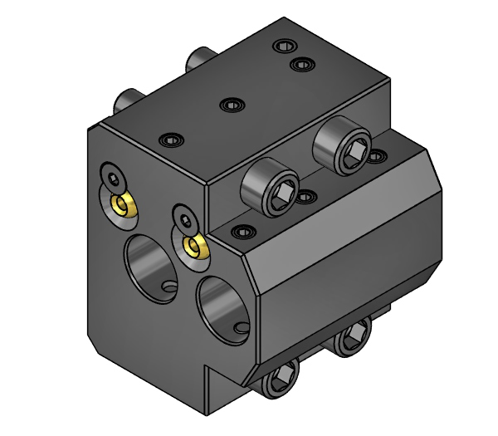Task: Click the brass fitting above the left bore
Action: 124,203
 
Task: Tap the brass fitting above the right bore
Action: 196,246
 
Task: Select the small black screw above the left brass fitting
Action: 113,176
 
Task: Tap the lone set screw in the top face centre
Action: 231,105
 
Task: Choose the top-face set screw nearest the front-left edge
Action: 172,139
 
